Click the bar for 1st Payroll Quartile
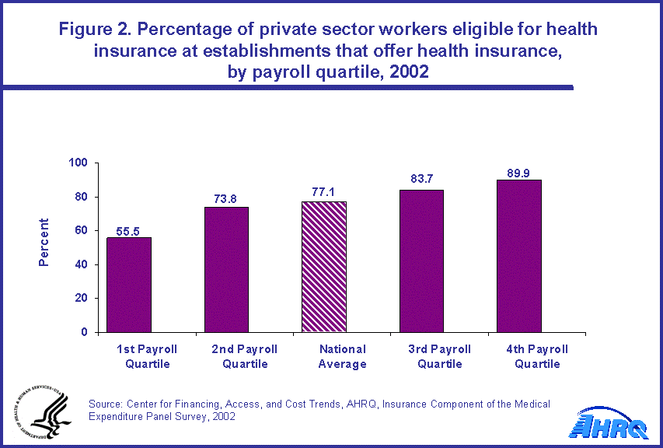point(129,285)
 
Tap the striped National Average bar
point(323,267)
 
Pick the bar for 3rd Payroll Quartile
point(421,261)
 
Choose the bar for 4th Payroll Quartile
point(518,256)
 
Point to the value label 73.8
point(226,198)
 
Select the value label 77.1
point(323,193)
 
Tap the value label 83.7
point(421,180)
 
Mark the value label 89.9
point(518,173)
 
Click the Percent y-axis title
point(44,242)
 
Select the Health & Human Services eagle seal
point(40,415)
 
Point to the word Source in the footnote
point(106,404)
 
